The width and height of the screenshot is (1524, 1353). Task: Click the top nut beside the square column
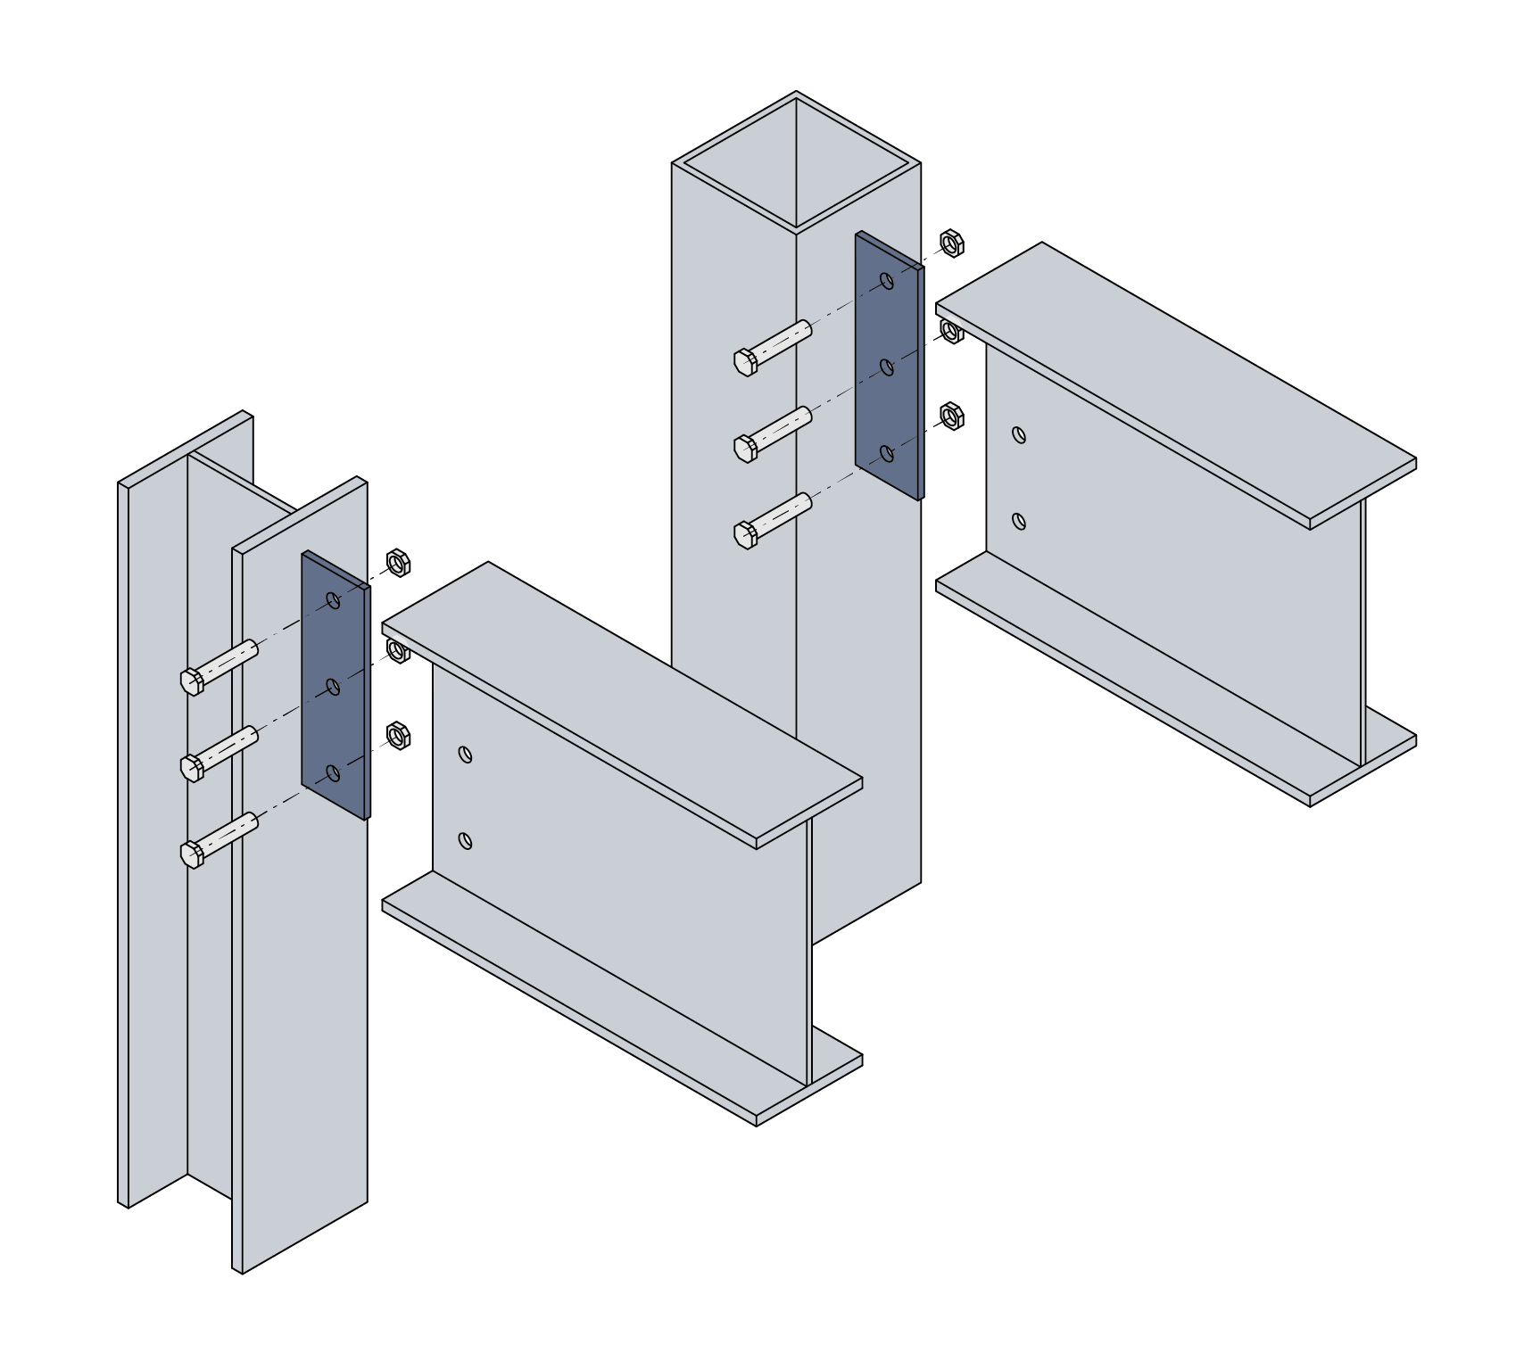click(952, 243)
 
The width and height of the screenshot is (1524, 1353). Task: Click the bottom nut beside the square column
click(952, 416)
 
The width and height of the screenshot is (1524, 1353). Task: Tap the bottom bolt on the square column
click(773, 520)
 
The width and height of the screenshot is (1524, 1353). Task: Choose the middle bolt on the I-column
click(219, 753)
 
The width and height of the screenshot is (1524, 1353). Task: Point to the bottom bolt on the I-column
click(219, 839)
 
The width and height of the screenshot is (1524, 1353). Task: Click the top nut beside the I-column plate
click(398, 563)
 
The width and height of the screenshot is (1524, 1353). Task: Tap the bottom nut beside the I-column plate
click(398, 736)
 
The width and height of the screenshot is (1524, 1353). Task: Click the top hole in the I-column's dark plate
click(334, 600)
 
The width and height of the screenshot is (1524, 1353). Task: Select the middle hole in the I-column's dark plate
click(334, 687)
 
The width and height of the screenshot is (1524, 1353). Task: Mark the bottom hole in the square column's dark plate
click(887, 454)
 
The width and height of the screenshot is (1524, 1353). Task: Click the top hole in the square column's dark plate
click(887, 281)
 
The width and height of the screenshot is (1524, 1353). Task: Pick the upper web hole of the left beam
click(465, 755)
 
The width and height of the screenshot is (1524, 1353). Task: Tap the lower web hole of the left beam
click(465, 840)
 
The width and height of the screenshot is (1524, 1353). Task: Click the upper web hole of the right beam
click(1019, 435)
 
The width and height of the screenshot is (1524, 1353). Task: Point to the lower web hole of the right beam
click(1019, 521)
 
